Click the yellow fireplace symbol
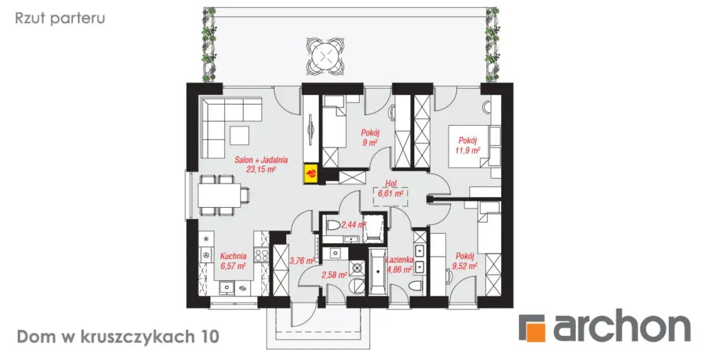pos(311,174)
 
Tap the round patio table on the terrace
pos(325,56)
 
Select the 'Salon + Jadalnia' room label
pos(261,160)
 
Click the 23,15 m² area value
pos(261,169)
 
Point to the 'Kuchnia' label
pos(233,256)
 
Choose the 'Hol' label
pos(391,183)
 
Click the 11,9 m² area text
pos(467,150)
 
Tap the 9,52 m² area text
pos(465,266)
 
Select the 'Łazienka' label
pos(400,260)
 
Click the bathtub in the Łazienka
pos(378,271)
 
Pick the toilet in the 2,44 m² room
pos(333,225)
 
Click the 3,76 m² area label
pos(302,261)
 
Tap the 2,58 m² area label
pos(334,275)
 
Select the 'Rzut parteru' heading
pos(60,18)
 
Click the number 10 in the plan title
pos(210,337)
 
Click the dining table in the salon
pos(219,195)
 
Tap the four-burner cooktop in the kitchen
pos(261,256)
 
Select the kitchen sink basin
pos(227,287)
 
